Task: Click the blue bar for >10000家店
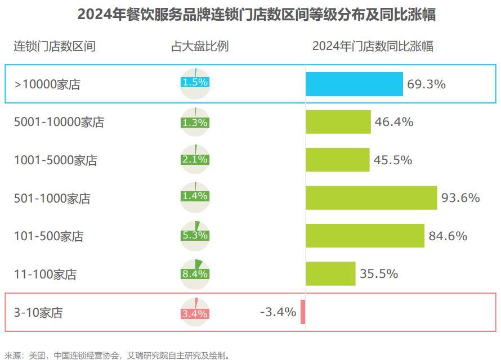[x=354, y=84]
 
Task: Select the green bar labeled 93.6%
[x=372, y=197]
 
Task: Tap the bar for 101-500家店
[x=365, y=236]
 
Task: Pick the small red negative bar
[x=303, y=312]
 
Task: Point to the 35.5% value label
[x=379, y=274]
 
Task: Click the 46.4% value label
[x=394, y=121]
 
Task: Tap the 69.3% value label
[x=426, y=84]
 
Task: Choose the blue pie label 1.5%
[x=195, y=82]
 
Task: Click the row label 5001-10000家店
[x=59, y=122]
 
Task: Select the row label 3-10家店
[x=38, y=313]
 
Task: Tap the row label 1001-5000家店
[x=56, y=160]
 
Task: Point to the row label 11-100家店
[x=45, y=274]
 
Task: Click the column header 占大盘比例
[x=200, y=46]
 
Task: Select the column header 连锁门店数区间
[x=55, y=46]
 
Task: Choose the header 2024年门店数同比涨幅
[x=373, y=46]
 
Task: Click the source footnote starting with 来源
[x=118, y=355]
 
